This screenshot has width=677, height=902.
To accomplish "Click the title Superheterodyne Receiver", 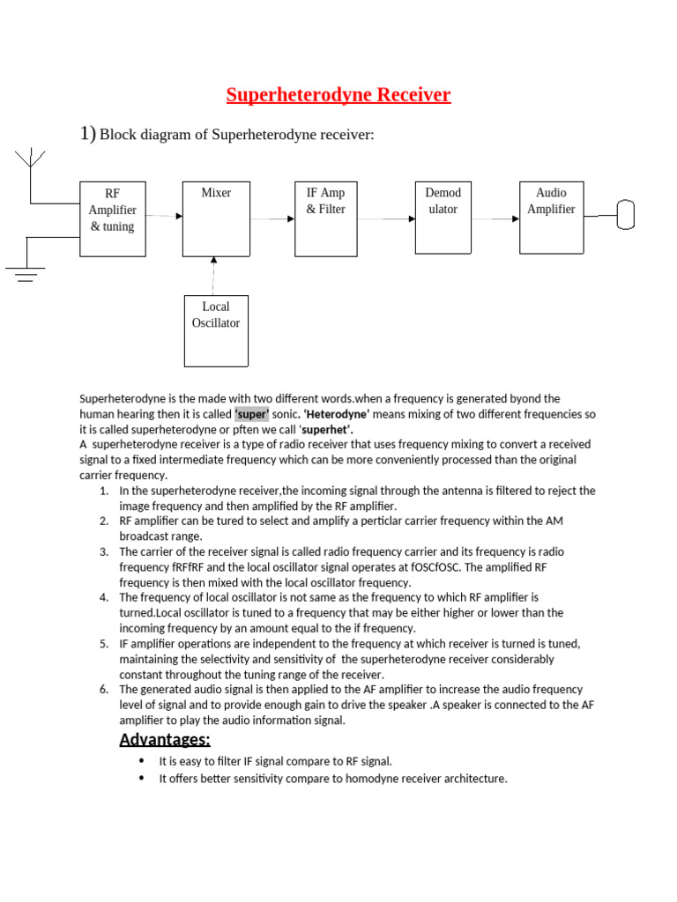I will (x=338, y=95).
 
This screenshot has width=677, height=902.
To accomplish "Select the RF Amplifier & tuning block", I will (x=113, y=218).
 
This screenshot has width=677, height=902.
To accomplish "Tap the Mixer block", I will (x=216, y=218).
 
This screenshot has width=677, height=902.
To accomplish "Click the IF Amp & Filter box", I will (x=325, y=218).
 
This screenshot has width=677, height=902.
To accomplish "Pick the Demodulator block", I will (x=443, y=217).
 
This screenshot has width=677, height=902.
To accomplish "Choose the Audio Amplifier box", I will (x=551, y=217).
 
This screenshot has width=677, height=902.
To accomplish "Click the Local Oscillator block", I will (x=216, y=330).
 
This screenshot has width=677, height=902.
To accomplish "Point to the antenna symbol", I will (x=31, y=161).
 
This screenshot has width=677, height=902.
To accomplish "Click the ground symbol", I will (x=26, y=275).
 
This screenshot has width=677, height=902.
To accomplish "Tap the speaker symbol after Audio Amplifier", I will (x=626, y=214).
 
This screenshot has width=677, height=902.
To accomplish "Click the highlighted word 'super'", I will (x=251, y=414).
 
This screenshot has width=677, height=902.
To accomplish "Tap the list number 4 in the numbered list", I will (x=104, y=597).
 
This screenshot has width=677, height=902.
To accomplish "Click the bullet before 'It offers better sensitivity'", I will (x=143, y=779).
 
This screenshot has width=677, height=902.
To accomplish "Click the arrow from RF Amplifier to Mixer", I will (x=164, y=216).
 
